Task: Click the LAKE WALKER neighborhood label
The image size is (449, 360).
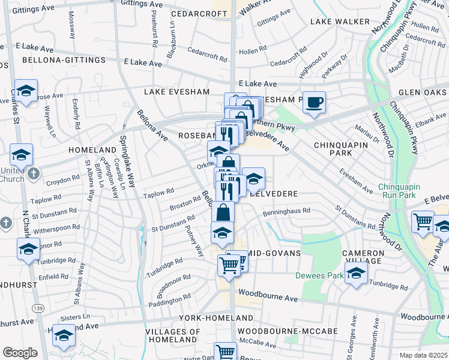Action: click(340, 22)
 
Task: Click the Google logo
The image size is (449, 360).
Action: click(20, 353)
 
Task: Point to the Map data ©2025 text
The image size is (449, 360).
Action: click(423, 355)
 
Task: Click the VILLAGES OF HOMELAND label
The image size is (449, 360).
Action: click(173, 335)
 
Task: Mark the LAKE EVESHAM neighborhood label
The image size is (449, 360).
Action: click(176, 92)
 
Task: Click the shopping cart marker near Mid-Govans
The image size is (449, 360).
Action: click(228, 265)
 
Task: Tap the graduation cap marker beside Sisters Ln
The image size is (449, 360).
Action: click(64, 336)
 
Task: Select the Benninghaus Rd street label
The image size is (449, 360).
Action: click(286, 211)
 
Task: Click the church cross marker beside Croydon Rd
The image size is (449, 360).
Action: click(34, 173)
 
